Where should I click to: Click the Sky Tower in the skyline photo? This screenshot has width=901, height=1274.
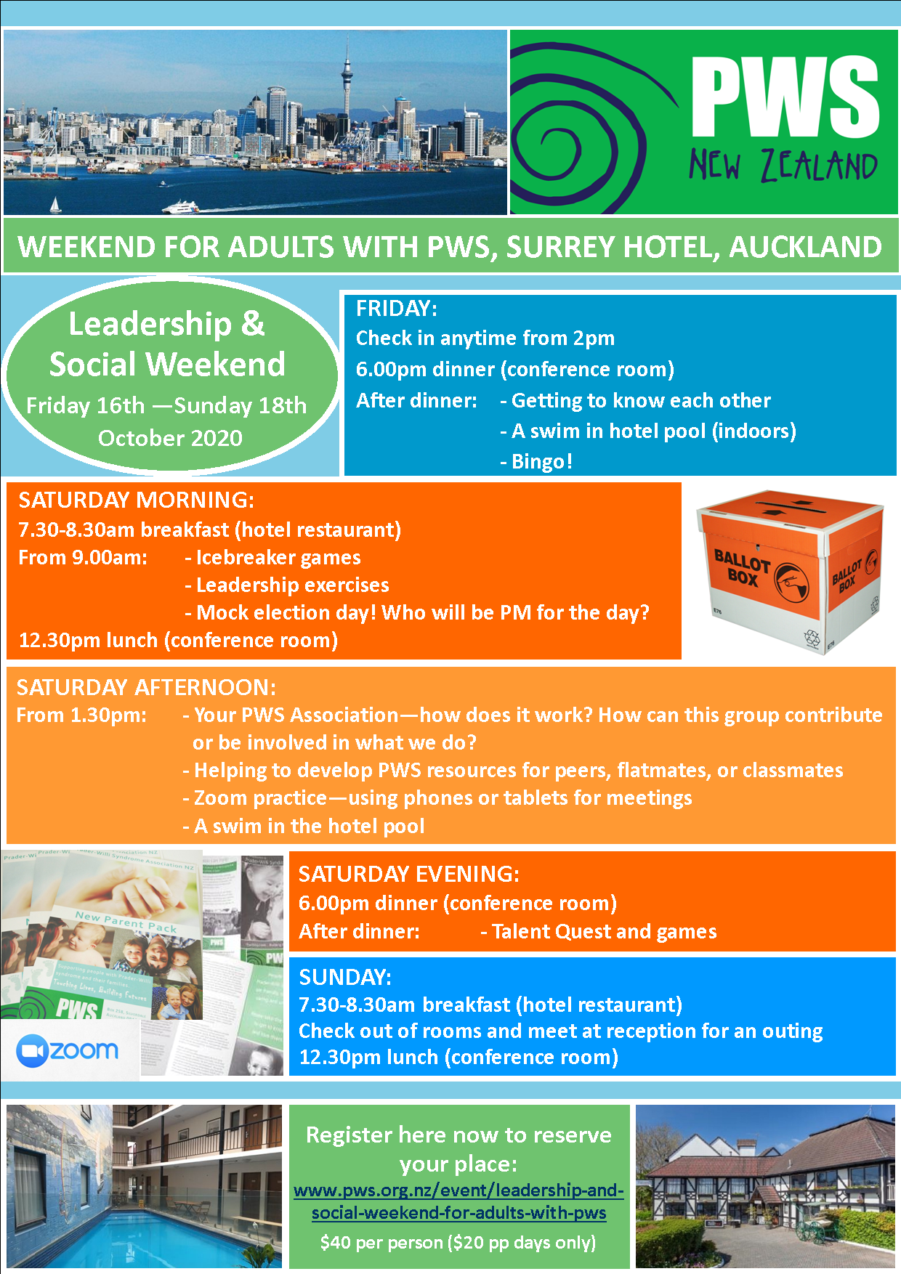(347, 87)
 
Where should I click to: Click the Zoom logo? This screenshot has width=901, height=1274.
(68, 1051)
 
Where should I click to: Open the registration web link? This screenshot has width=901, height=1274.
(459, 1201)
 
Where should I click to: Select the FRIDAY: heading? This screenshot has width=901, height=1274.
(397, 309)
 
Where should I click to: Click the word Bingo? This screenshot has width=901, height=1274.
(542, 462)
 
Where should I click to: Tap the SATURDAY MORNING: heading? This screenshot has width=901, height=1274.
(137, 500)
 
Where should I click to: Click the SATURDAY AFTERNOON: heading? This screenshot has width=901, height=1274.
(146, 687)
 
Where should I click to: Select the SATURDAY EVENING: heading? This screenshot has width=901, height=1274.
(409, 874)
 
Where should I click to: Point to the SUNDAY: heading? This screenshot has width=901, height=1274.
(345, 977)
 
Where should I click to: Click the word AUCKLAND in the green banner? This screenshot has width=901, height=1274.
(806, 247)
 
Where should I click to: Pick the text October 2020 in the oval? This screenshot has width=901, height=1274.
(170, 438)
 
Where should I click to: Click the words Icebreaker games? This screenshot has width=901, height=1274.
(278, 558)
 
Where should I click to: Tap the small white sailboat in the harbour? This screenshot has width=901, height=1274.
(55, 206)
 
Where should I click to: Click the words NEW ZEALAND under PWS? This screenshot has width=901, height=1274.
(783, 166)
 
